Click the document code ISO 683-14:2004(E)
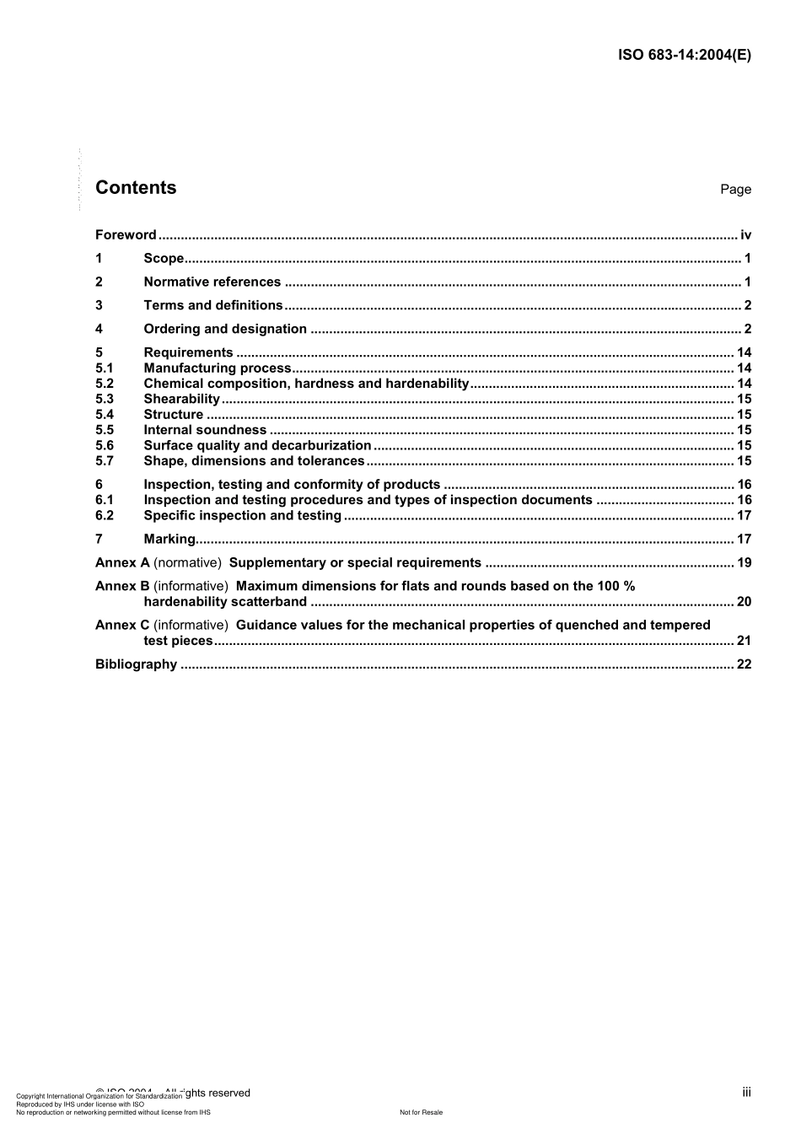click(x=684, y=55)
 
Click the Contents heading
click(x=136, y=188)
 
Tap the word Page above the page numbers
click(x=735, y=190)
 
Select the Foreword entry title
click(x=126, y=235)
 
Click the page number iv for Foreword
click(x=745, y=235)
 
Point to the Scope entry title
click(x=164, y=259)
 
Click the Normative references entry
click(x=212, y=282)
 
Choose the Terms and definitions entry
click(x=212, y=306)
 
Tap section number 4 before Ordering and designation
click(x=99, y=330)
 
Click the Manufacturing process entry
click(x=217, y=368)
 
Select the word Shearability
click(x=181, y=400)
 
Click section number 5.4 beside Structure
click(x=105, y=415)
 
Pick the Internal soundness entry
click(x=205, y=430)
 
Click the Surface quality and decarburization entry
click(x=257, y=446)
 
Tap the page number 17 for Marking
click(x=744, y=540)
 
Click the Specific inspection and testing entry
click(x=242, y=516)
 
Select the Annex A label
click(x=122, y=563)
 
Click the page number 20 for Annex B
click(x=744, y=602)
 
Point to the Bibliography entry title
click(x=136, y=664)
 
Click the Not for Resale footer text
click(x=421, y=1113)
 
